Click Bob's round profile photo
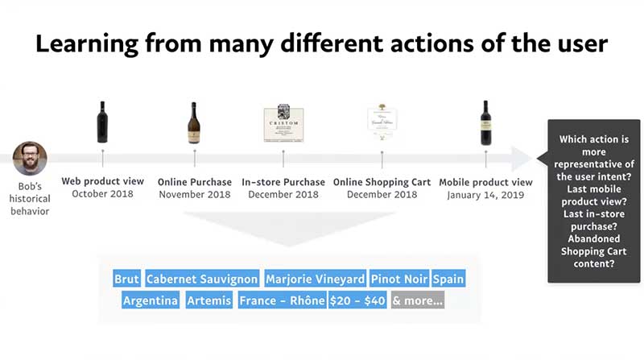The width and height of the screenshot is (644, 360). (30, 159)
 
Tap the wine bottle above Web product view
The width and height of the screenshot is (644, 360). (102, 122)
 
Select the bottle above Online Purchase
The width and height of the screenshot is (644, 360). (193, 122)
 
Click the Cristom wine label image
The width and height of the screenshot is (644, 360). (283, 123)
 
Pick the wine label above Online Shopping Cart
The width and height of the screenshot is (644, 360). (382, 123)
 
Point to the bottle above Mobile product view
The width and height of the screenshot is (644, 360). (485, 122)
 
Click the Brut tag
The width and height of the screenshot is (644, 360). (127, 279)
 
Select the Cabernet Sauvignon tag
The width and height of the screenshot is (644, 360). (202, 279)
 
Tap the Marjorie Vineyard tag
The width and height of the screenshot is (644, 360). (315, 279)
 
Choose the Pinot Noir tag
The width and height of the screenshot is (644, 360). (399, 279)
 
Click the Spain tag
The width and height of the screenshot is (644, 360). (448, 279)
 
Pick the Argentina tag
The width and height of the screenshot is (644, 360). (151, 301)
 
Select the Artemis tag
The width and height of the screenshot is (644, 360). (208, 301)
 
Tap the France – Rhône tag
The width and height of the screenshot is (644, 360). (282, 301)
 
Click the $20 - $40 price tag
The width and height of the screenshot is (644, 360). (357, 301)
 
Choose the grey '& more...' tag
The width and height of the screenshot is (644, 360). (417, 301)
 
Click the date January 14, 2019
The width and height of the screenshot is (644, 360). (485, 195)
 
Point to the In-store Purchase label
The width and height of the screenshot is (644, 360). (283, 182)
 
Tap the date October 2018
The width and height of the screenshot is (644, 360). (102, 194)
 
